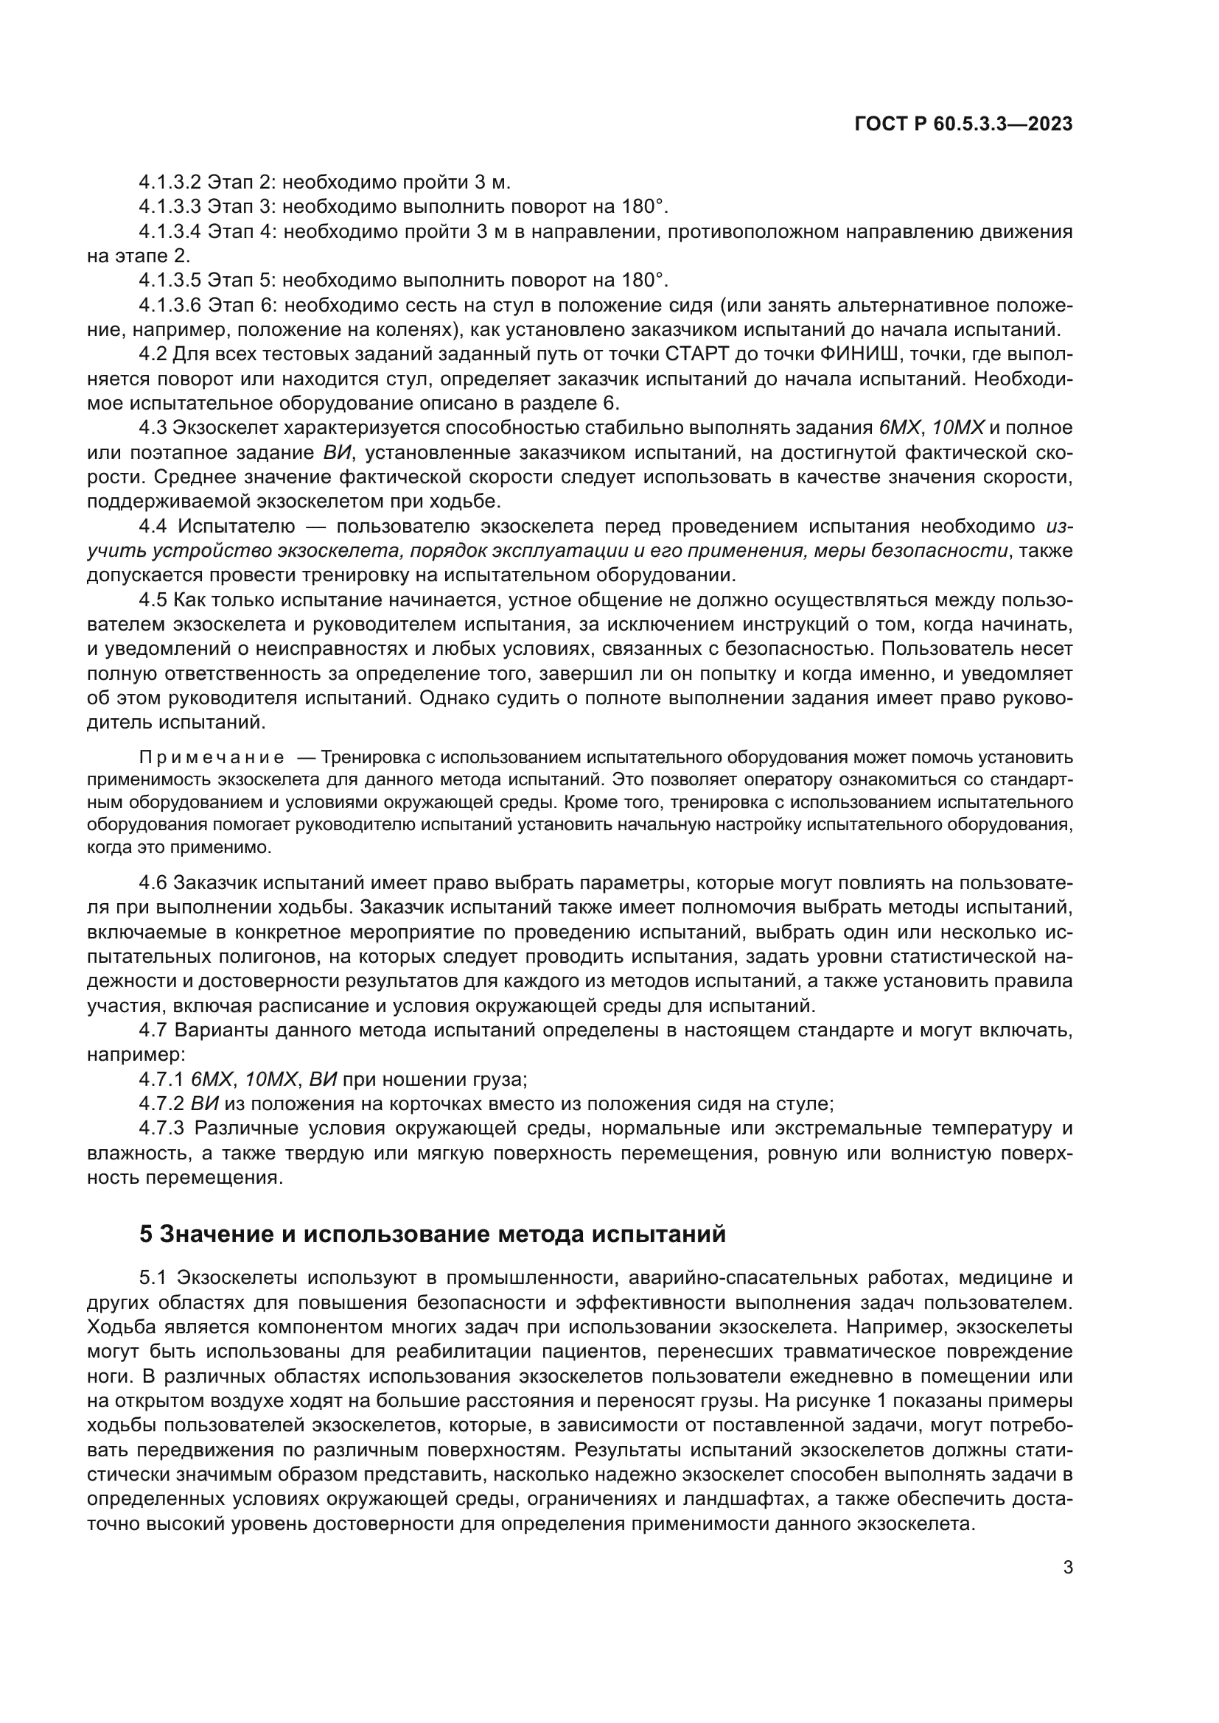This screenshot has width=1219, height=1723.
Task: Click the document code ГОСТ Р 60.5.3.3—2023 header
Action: tap(963, 124)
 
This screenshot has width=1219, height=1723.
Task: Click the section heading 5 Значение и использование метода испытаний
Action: tap(433, 1234)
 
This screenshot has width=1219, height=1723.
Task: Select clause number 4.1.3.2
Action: tap(170, 183)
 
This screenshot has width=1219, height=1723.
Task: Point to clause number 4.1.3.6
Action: tap(170, 306)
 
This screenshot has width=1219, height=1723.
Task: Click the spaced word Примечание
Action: tap(212, 757)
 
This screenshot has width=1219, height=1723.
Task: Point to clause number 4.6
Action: tap(153, 883)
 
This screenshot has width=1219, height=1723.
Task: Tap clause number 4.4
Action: tap(154, 526)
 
